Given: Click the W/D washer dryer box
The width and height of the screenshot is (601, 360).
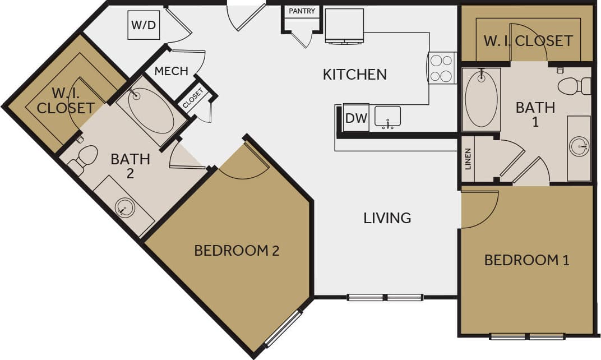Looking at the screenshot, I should (144, 25).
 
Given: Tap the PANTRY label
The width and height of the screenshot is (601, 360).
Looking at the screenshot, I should (302, 11).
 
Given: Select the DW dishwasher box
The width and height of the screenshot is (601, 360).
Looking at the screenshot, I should (355, 118).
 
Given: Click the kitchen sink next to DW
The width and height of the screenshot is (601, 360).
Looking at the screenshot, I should (387, 117).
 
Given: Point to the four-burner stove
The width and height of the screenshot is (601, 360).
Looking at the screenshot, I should (442, 68).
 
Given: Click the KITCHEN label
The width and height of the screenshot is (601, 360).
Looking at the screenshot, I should (354, 74).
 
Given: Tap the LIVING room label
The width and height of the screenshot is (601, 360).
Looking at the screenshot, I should (387, 218).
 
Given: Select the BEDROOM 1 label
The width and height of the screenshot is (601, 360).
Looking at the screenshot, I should (526, 260).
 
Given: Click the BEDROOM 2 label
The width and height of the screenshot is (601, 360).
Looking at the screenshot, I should (237, 250).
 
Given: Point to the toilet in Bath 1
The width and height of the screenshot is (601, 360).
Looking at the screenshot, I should (574, 86).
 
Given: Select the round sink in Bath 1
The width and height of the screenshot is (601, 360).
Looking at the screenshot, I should (579, 147).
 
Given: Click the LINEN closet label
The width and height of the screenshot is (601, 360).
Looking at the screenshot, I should (468, 159).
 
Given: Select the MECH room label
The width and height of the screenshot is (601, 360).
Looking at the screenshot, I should (171, 71).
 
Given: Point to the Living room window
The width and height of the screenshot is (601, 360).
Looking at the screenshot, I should (385, 297).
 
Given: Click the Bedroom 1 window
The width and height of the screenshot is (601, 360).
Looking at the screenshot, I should (527, 336).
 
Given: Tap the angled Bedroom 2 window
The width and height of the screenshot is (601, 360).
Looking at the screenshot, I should (283, 329).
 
